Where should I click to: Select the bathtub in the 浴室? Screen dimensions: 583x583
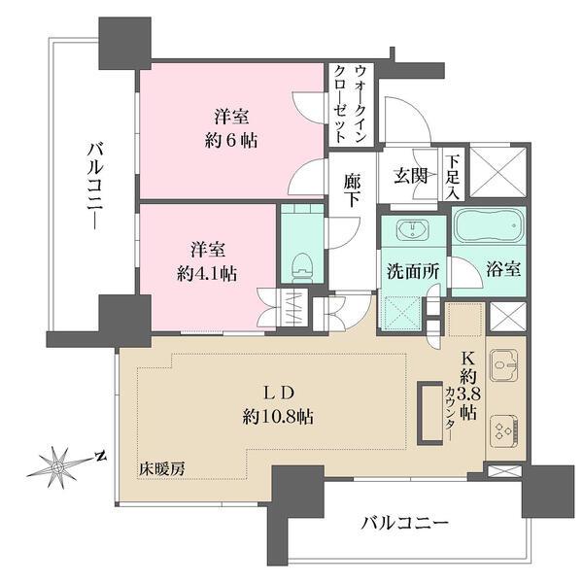pos(488,229)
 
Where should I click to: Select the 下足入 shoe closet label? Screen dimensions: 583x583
pos(453,175)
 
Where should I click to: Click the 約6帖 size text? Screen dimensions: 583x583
pos(237,138)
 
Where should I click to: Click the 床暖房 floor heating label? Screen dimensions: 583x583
pos(161,469)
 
